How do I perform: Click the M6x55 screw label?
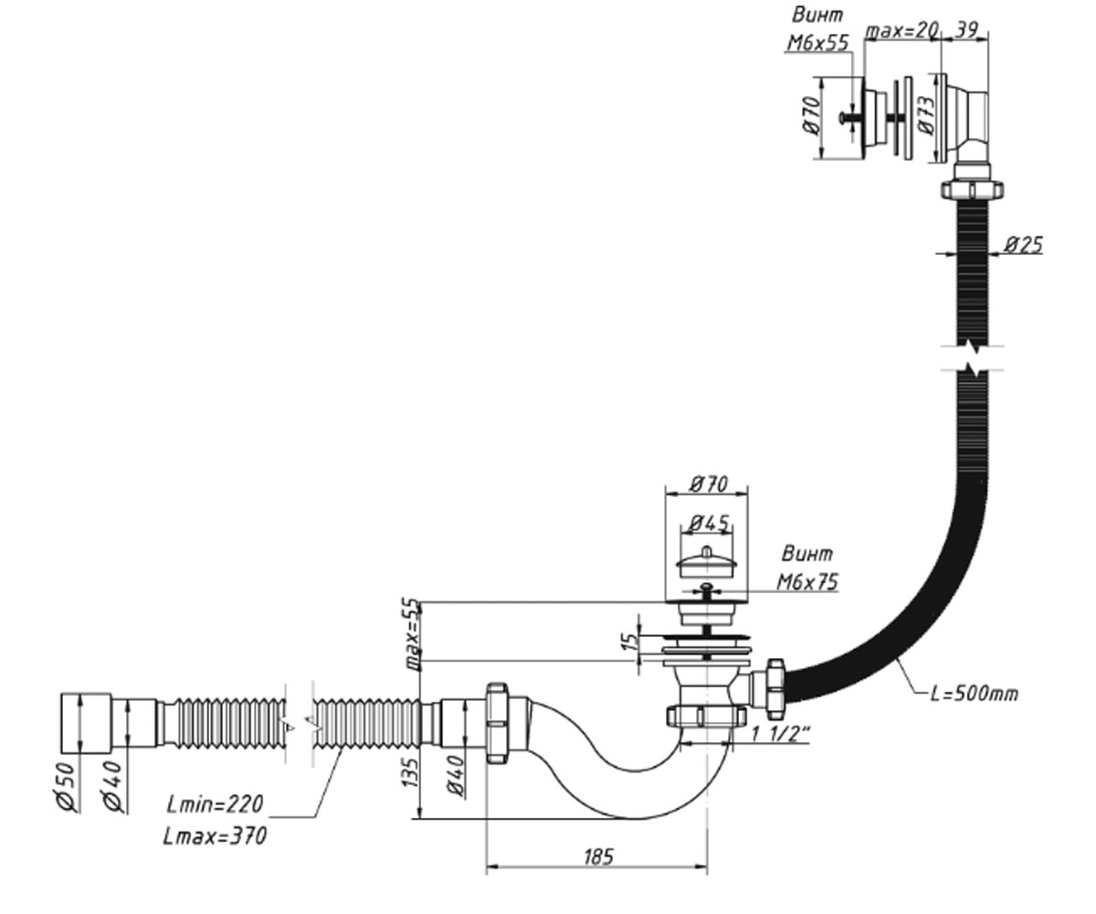[817, 43]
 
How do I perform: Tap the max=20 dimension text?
[901, 30]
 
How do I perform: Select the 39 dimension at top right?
[965, 30]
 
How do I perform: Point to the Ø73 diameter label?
[928, 115]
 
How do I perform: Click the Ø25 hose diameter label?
[1024, 245]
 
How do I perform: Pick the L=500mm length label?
[974, 695]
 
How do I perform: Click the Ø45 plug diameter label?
[709, 523]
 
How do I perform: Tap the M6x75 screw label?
[807, 582]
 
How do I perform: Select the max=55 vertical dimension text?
[414, 634]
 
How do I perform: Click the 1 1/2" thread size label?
[782, 734]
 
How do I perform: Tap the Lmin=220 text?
[215, 804]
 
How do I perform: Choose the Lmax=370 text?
[215, 835]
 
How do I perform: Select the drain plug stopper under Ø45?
[707, 562]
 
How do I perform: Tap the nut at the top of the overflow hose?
[972, 189]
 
